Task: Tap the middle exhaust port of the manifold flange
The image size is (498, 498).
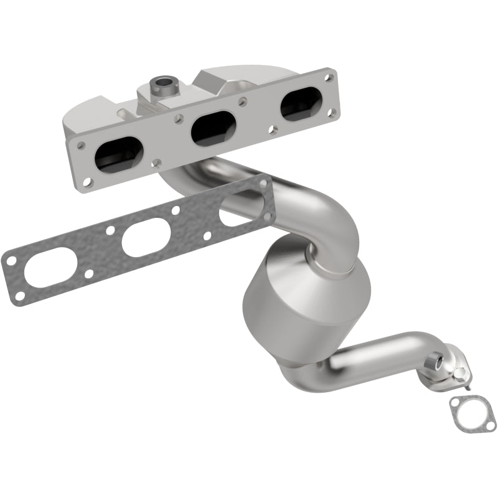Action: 210,129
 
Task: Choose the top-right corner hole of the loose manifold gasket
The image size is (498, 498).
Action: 263,183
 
